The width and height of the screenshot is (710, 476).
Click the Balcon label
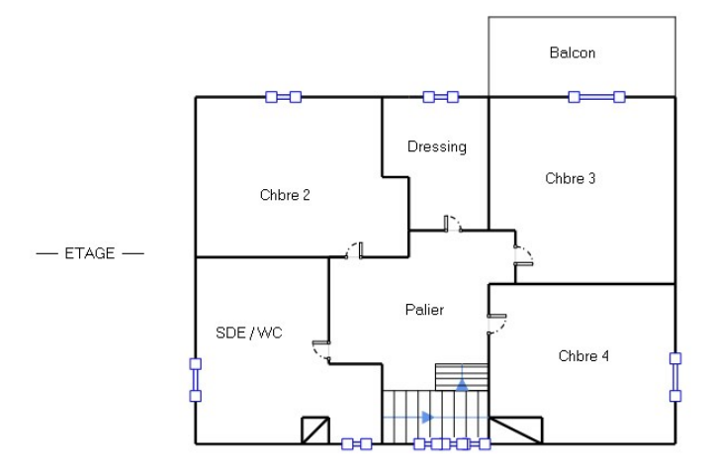(x=573, y=52)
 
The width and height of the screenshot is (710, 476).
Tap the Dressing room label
(x=436, y=146)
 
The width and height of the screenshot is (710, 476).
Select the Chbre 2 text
(x=285, y=195)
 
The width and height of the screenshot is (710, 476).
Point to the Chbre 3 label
(x=571, y=178)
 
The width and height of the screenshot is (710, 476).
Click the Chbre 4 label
(x=583, y=355)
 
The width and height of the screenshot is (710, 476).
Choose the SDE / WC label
(x=248, y=333)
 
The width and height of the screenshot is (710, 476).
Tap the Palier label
(x=424, y=310)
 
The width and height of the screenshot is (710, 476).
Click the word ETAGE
(x=89, y=253)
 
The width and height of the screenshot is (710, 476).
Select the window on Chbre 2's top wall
(x=283, y=96)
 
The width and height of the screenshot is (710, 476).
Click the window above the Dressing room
(x=440, y=96)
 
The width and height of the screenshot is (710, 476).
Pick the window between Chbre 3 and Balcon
(x=596, y=96)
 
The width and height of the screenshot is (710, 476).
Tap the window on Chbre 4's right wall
(x=675, y=376)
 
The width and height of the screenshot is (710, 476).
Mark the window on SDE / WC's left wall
(x=195, y=379)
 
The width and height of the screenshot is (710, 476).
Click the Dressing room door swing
(x=452, y=223)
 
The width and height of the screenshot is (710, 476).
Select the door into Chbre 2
(x=354, y=248)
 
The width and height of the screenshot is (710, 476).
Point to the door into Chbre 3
(x=523, y=256)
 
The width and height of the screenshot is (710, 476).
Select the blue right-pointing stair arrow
(x=427, y=417)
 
